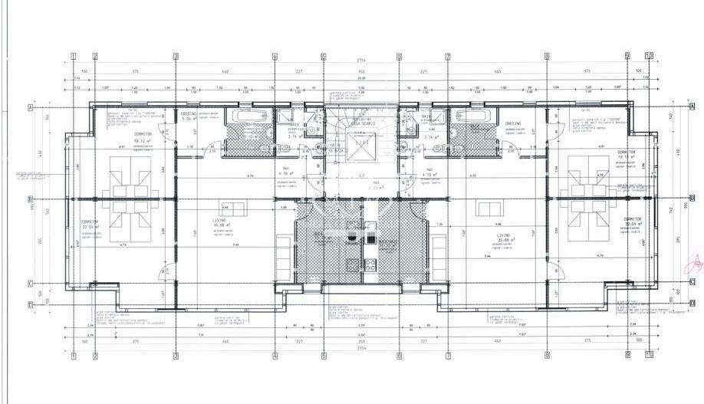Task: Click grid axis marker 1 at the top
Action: [x=73, y=56]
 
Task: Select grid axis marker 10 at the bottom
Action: [x=649, y=354]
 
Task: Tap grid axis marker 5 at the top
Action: [x=324, y=56]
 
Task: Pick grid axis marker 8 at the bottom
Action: [x=546, y=354]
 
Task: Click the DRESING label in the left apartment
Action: [x=189, y=113]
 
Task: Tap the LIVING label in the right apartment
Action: [x=504, y=236]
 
